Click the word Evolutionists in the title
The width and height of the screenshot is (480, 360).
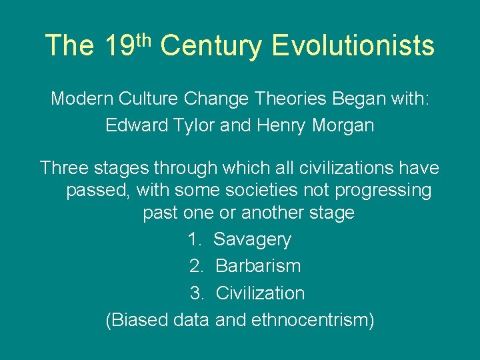[x=353, y=45]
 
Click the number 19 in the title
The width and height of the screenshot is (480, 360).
[x=118, y=45]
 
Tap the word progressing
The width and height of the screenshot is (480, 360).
[x=383, y=191]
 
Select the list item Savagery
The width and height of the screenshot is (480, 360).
[x=252, y=239]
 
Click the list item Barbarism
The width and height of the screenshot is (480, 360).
[x=258, y=266]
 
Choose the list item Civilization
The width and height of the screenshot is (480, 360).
[x=260, y=293]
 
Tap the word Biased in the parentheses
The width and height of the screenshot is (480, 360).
[x=138, y=320]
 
